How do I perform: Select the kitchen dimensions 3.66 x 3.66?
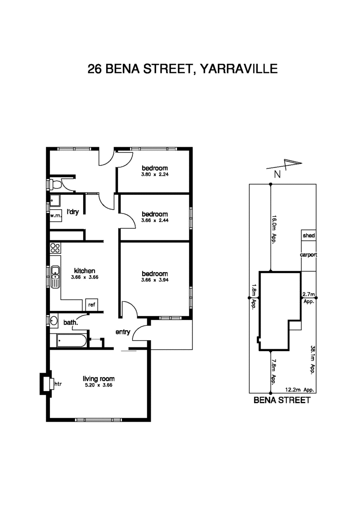(x=85, y=277)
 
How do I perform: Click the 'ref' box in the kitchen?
(x=92, y=305)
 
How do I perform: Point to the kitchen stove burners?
(x=55, y=248)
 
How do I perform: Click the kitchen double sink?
(x=55, y=277)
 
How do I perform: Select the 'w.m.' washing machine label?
(x=55, y=216)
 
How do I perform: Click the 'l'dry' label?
(x=73, y=212)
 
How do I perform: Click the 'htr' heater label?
(x=58, y=384)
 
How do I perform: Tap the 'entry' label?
(x=123, y=332)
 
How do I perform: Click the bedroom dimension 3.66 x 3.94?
(x=154, y=280)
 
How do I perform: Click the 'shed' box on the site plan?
(x=308, y=235)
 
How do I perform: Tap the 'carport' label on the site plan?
(x=309, y=255)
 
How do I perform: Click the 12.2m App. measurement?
(x=299, y=390)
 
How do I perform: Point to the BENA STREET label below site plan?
(x=282, y=400)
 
